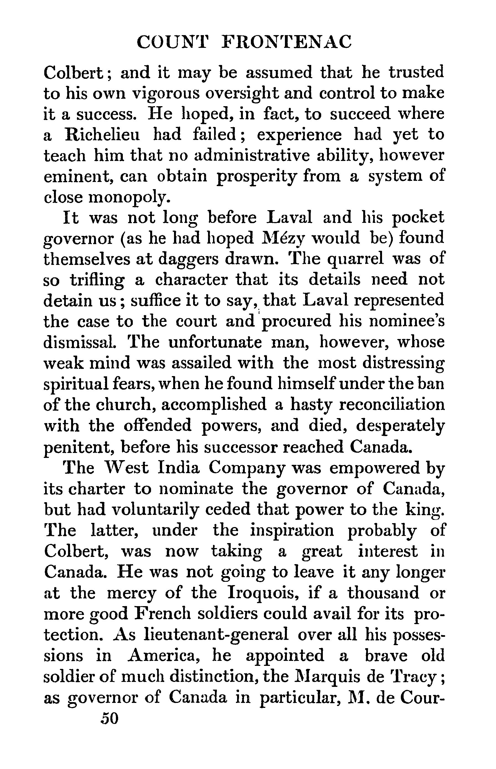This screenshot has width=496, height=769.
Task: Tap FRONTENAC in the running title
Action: click(x=287, y=42)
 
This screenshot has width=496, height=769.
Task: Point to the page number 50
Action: click(x=110, y=719)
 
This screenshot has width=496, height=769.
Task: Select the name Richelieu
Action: click(x=102, y=135)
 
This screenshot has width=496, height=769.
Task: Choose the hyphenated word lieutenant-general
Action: click(x=217, y=635)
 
